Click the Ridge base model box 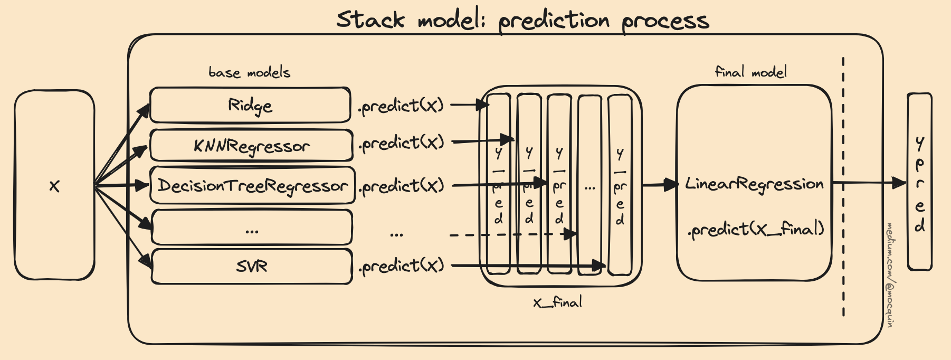tap(250, 105)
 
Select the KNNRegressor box tap(251, 145)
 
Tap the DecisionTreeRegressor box tap(252, 185)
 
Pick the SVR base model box tap(252, 266)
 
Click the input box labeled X tap(54, 185)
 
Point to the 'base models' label tap(249, 72)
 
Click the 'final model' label tap(750, 72)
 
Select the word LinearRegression tap(754, 184)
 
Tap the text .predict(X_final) tap(756, 229)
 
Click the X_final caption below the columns tap(558, 302)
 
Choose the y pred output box tap(919, 182)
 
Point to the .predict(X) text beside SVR tap(401, 266)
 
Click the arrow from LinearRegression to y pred tap(869, 183)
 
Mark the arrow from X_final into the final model tap(660, 185)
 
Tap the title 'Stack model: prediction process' tap(522, 20)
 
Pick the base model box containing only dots tap(252, 228)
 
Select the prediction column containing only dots tap(589, 185)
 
